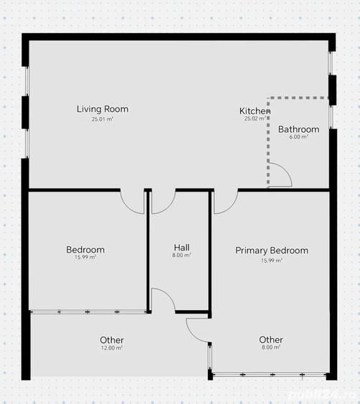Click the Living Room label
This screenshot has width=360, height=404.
point(103,109)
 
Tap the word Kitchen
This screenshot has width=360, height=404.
point(254,111)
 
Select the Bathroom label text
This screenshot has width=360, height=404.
point(298,129)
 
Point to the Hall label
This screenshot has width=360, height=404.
point(181,248)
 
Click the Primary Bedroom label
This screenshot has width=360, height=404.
point(272,250)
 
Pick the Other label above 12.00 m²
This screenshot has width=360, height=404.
point(112,340)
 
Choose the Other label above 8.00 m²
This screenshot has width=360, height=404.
point(271,339)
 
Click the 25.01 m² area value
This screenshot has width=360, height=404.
point(103,119)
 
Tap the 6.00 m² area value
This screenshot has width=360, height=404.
point(298,136)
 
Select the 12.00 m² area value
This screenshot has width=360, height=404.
point(112,348)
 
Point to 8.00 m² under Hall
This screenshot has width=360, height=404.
point(181,255)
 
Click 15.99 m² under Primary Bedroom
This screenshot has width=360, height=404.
point(272,260)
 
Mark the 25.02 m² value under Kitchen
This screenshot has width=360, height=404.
point(255,119)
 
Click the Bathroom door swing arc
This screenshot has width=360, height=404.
point(281,175)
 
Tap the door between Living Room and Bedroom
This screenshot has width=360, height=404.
point(133,201)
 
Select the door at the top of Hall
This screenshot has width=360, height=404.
point(164,202)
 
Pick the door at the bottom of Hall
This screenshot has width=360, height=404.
point(163,300)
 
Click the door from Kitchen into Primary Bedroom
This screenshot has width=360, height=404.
point(225,202)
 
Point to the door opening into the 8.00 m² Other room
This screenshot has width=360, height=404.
point(197,329)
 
